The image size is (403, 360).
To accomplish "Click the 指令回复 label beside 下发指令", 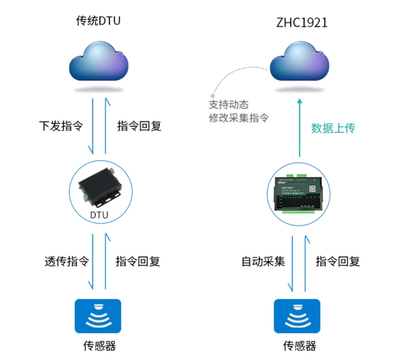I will pos(139,126).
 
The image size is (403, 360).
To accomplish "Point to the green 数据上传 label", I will pos(333,128).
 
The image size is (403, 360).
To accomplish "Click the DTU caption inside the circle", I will pos(99,216).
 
